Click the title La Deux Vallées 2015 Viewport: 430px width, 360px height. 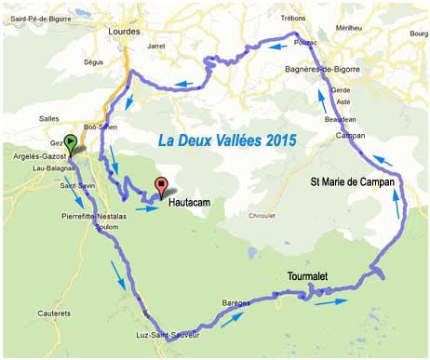227,140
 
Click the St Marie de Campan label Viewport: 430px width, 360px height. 352,183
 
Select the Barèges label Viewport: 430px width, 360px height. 237,303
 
